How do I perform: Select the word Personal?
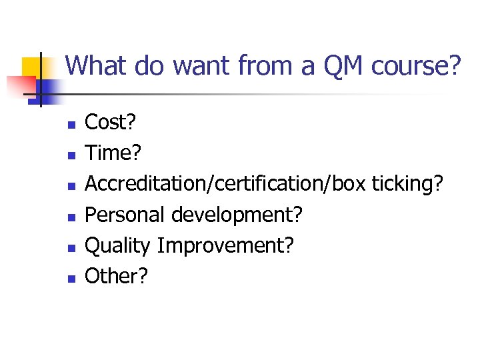(125, 215)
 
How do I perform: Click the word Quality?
(118, 245)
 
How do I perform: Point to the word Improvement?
(225, 245)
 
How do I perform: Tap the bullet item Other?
(116, 275)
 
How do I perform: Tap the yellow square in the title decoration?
(32, 67)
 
